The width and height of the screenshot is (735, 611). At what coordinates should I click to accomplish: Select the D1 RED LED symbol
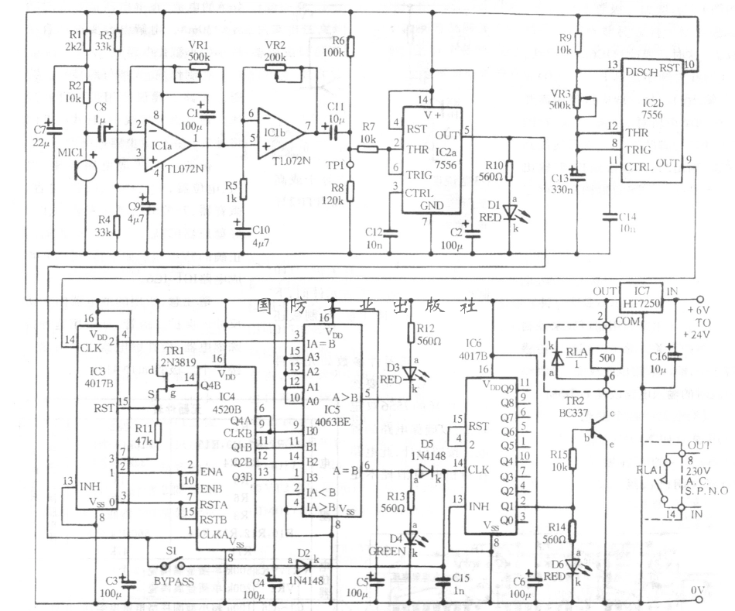point(508,211)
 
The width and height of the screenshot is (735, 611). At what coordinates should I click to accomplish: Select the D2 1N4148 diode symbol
point(303,566)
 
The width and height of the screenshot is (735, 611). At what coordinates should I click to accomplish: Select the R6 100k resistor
point(349,46)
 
